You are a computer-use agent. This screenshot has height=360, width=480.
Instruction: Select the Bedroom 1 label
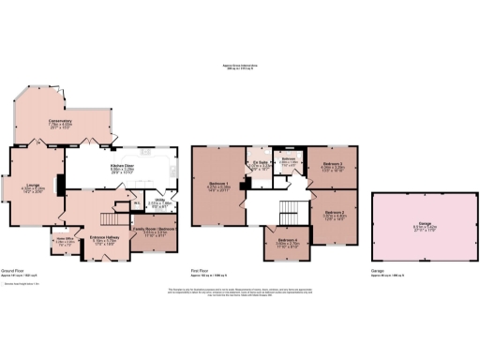[218, 183]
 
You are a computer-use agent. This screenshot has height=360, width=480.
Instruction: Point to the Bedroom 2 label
[336, 214]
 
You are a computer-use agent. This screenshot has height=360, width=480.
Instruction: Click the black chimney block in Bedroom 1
[243, 186]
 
